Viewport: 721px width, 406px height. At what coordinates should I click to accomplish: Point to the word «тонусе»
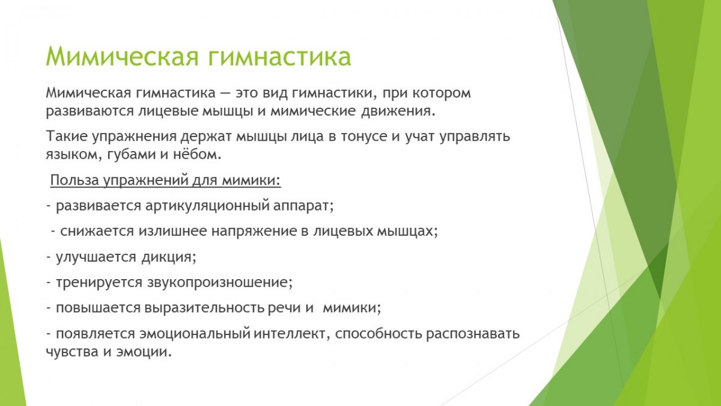pyautogui.click(x=364, y=137)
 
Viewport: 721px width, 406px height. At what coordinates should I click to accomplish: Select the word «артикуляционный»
pyautogui.click(x=207, y=206)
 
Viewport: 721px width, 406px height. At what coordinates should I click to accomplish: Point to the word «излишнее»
pyautogui.click(x=172, y=231)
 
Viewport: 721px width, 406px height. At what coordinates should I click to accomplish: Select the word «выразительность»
pyautogui.click(x=204, y=309)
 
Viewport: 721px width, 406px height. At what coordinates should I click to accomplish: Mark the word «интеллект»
pyautogui.click(x=291, y=333)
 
